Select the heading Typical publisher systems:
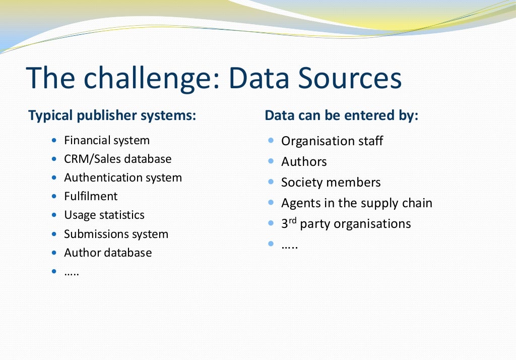pos(112,115)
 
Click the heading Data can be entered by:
pos(342,115)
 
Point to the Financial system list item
pos(107,140)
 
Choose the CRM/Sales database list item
pos(117,159)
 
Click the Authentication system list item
pos(123,177)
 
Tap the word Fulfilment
pos(91,196)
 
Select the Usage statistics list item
pos(104,215)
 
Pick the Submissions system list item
pos(116,234)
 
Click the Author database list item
pos(108,253)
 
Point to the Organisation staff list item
pos(332,141)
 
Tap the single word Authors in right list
pos(304,162)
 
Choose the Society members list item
pos(331,183)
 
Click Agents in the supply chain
pos(357,203)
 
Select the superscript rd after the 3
pos(293,220)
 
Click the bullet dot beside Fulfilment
pos(54,196)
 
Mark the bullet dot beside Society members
pos(271,182)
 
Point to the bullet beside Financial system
pos(54,140)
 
